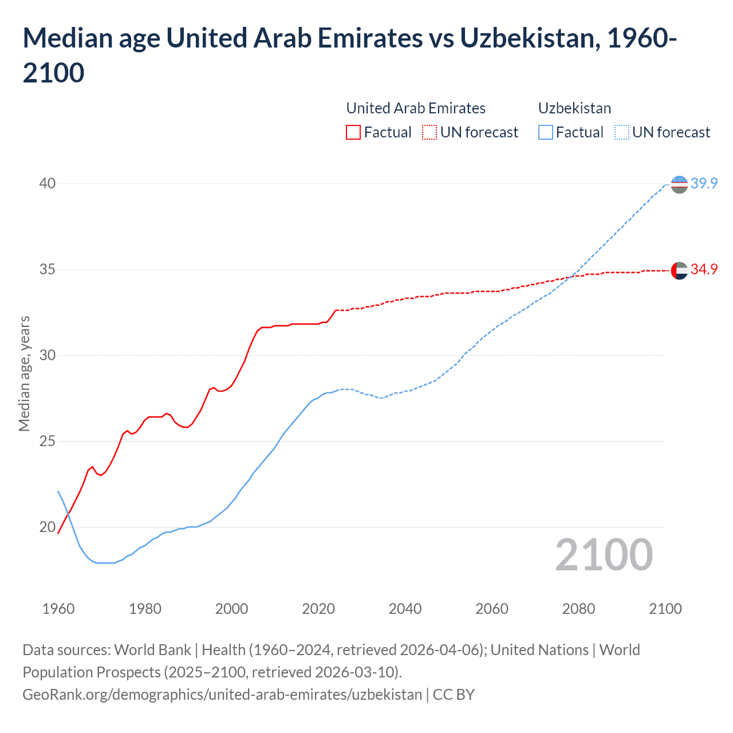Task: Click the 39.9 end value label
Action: [704, 183]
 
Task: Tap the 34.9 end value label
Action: [704, 269]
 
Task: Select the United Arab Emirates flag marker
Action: [679, 270]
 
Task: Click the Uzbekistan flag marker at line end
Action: [679, 184]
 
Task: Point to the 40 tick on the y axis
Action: [48, 183]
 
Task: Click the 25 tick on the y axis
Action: [48, 442]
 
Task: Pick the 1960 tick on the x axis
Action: [58, 609]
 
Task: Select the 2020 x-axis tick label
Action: [318, 609]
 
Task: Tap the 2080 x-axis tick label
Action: [578, 609]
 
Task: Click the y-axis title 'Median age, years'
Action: [24, 373]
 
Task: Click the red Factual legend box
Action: [353, 132]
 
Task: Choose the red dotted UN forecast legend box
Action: [429, 132]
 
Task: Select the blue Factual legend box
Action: [546, 132]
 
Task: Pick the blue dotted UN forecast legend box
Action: [621, 132]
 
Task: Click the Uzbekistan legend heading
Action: [574, 108]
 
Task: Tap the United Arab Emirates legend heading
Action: [416, 108]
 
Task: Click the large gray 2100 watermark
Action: [604, 554]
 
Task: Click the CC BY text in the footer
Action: [454, 695]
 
